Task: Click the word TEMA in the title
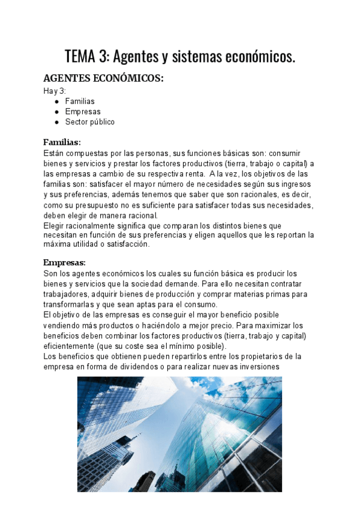(x=80, y=57)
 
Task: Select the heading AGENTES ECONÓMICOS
(x=103, y=79)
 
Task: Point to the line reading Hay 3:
(x=54, y=91)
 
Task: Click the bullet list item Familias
(x=80, y=101)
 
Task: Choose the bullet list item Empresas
(x=83, y=112)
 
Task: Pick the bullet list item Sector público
(x=89, y=122)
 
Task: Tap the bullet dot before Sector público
(x=56, y=122)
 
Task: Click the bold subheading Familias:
(x=62, y=142)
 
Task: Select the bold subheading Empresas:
(x=64, y=262)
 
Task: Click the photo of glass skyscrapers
(x=179, y=433)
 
